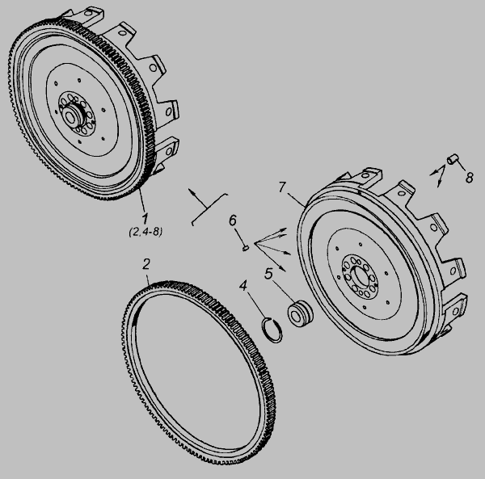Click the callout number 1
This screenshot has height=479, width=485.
pyautogui.click(x=145, y=218)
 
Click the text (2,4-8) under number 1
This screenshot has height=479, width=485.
pyautogui.click(x=145, y=232)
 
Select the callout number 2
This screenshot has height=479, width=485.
pyautogui.click(x=146, y=264)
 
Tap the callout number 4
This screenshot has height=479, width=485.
pyautogui.click(x=243, y=286)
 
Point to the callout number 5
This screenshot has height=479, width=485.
pyautogui.click(x=268, y=274)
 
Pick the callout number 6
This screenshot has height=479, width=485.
pyautogui.click(x=232, y=221)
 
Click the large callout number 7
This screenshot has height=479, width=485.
pyautogui.click(x=282, y=187)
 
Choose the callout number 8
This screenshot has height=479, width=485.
pyautogui.click(x=469, y=177)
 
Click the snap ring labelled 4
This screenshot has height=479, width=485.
pyautogui.click(x=272, y=330)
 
